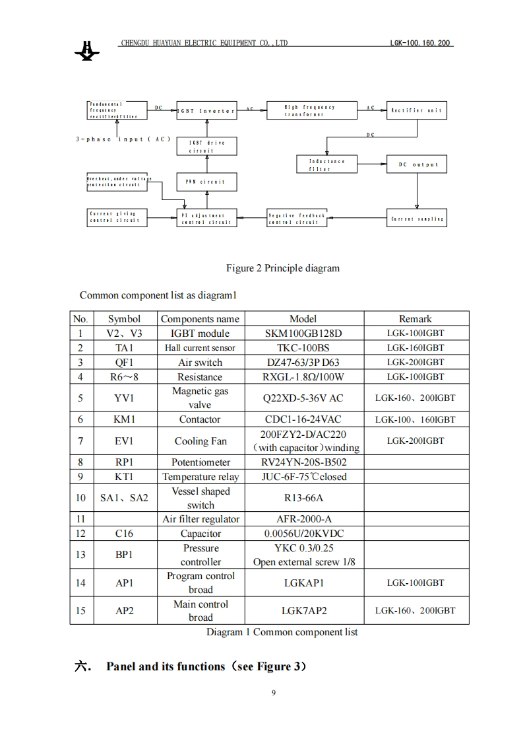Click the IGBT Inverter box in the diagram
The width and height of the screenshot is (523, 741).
206,110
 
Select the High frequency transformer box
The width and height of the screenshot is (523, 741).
311,110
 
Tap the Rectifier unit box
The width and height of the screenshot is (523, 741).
416,110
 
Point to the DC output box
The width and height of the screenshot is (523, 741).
416,164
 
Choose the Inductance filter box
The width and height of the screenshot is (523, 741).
326,164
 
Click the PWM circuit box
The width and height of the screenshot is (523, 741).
206,181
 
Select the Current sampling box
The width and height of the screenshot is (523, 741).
416,218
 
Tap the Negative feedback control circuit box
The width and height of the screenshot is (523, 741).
296,218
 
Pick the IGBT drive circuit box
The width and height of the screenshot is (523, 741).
206,146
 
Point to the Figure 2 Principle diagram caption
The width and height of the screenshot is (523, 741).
282,268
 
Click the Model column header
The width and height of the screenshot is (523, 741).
303,318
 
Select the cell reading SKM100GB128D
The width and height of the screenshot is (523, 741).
303,334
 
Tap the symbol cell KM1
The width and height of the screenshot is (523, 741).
124,419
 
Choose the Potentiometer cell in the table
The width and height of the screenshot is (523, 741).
200,462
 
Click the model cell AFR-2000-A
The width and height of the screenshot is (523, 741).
303,519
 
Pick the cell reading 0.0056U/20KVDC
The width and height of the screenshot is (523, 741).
303,534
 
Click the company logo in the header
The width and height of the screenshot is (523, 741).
87,50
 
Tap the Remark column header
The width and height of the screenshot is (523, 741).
415,318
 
